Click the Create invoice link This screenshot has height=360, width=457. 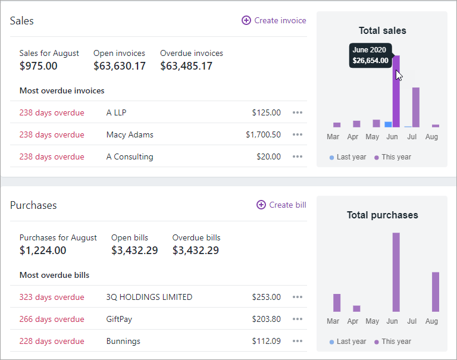(x=274, y=20)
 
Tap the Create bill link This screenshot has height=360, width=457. (x=281, y=205)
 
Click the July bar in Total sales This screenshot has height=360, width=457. (x=416, y=107)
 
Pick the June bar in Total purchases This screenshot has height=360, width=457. (x=396, y=272)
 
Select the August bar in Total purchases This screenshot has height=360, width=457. (x=436, y=292)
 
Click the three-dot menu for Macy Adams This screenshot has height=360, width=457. (x=298, y=134)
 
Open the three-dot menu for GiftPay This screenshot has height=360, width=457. (x=298, y=319)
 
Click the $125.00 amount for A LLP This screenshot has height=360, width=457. (x=266, y=112)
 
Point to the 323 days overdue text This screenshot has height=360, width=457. (x=52, y=297)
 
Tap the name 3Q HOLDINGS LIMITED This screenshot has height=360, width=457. (x=149, y=297)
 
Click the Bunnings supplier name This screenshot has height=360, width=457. (x=123, y=341)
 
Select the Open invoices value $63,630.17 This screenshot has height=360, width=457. (x=120, y=66)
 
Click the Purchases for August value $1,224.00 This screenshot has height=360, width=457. (x=43, y=251)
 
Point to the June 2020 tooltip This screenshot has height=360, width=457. (x=370, y=55)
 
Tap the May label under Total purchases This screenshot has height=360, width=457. (x=373, y=321)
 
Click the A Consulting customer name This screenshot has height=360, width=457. (x=130, y=156)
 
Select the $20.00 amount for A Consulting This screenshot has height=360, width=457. (x=268, y=156)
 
